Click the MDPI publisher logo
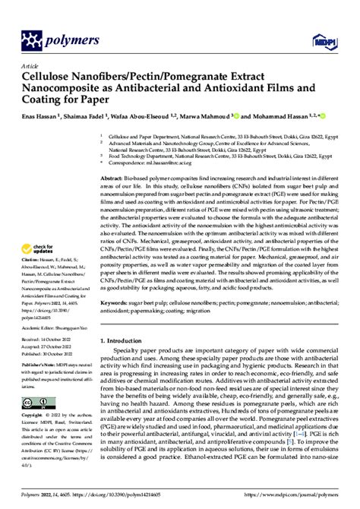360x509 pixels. pyautogui.click(x=332, y=37)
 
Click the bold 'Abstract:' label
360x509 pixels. pyautogui.click(x=115, y=176)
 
